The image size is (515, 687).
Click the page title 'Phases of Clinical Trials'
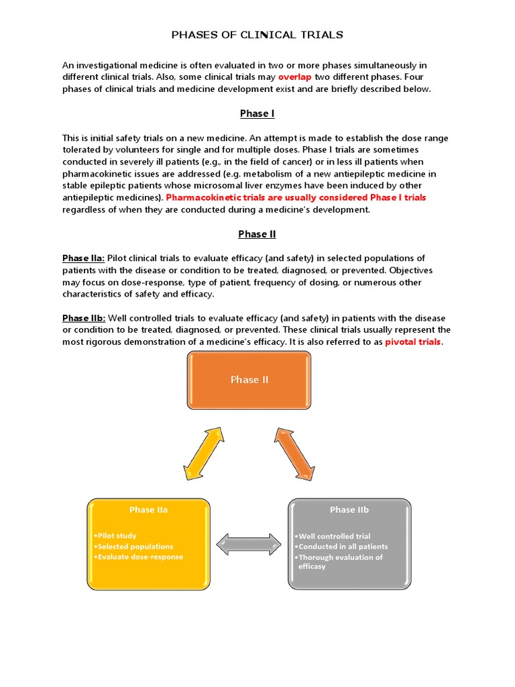click(x=257, y=35)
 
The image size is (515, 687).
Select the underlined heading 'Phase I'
click(x=257, y=113)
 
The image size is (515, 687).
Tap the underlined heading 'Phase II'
click(x=257, y=234)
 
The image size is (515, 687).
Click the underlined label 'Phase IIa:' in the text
click(x=84, y=258)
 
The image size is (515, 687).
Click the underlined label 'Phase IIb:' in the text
click(x=84, y=318)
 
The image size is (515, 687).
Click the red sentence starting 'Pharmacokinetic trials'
click(x=296, y=198)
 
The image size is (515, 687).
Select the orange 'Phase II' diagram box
click(x=249, y=380)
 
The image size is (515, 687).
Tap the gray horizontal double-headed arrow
click(x=249, y=544)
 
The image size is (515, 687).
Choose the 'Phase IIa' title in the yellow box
click(x=148, y=510)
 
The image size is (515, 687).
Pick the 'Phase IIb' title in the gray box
click(x=349, y=510)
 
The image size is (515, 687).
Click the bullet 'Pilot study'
click(x=117, y=536)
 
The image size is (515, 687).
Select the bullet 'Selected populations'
click(x=134, y=547)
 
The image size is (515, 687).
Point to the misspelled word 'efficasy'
click(x=312, y=567)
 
